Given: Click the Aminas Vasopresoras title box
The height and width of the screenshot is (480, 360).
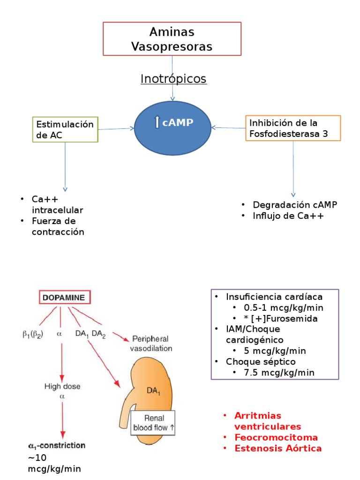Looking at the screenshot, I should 172,39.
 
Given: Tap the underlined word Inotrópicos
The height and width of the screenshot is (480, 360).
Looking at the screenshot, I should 173,79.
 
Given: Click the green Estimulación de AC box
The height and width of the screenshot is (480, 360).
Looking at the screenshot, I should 65,129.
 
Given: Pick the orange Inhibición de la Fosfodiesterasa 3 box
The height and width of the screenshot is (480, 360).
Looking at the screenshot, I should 293,128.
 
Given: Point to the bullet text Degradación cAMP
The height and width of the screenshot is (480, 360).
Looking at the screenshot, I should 295,205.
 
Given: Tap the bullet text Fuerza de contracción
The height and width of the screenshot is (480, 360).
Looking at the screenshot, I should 58,226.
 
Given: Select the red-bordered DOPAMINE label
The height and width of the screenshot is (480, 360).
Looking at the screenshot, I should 65,297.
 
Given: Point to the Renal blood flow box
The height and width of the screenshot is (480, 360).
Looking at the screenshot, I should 153,422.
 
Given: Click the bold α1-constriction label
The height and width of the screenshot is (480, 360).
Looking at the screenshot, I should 55,446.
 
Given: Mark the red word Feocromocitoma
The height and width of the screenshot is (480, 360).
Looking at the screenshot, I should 276,437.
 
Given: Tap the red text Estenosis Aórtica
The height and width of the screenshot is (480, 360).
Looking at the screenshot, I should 278,448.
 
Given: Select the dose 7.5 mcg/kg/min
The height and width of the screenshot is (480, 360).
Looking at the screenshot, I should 274,372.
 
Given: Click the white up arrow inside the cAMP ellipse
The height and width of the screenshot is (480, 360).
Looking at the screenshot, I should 157,123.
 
